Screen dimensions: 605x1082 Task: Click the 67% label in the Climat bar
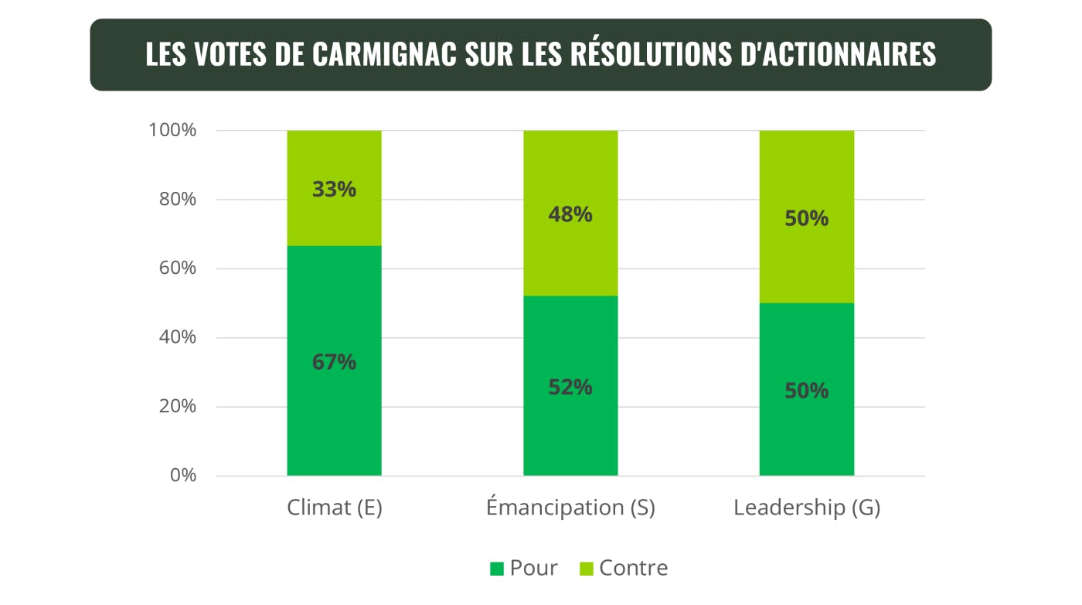[x=334, y=362]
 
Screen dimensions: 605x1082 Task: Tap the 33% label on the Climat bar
[x=334, y=190]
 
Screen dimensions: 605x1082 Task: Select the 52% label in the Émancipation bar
[x=570, y=388]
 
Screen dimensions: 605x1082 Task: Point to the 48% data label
[x=570, y=214]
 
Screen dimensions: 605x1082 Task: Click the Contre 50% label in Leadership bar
[x=806, y=219]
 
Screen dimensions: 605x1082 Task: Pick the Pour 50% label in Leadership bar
[x=806, y=391]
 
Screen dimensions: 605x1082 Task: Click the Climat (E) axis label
[x=334, y=508]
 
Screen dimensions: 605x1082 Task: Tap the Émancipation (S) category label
[x=570, y=508]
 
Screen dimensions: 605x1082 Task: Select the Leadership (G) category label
[x=806, y=508]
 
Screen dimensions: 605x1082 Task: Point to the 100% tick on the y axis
[x=172, y=130]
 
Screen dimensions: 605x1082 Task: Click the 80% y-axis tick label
[x=176, y=200]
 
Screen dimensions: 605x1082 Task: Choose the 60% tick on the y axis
[x=176, y=268]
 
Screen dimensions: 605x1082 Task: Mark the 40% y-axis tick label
[x=176, y=337]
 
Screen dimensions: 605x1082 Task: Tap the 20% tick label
[x=176, y=406]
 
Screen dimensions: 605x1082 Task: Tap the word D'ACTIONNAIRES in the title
[x=850, y=55]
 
